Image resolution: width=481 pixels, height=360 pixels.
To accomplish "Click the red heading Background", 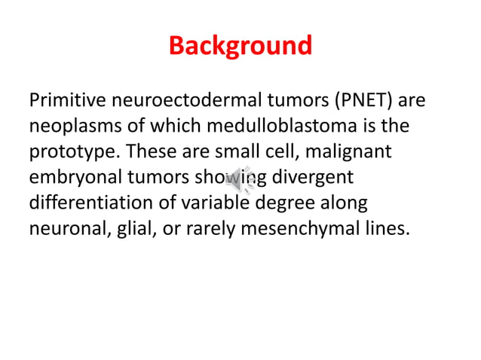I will click(240, 46).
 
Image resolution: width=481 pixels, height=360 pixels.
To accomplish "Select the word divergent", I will click(312, 177).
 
